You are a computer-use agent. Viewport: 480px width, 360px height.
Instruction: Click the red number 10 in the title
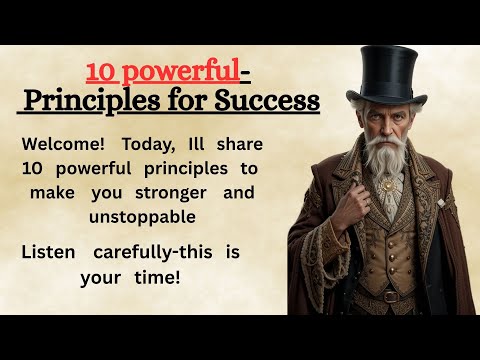click(101, 73)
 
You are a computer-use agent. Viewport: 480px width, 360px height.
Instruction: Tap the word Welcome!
click(61, 143)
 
